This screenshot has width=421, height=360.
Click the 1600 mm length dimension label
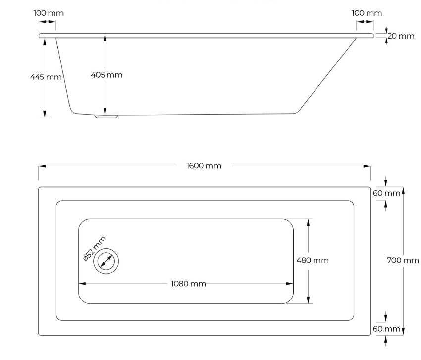204,166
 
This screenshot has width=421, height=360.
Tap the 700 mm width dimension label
403,260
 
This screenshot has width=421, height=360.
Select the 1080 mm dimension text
188,284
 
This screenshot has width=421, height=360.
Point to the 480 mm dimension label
313,260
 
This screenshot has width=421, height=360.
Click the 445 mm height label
46,77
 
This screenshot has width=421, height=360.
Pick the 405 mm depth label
106,75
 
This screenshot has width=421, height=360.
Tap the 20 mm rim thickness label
401,36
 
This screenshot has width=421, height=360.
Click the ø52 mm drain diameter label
95,248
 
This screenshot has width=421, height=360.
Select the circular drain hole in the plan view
106,261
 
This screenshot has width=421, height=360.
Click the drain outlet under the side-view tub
106,116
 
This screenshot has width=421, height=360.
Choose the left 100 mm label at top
49,13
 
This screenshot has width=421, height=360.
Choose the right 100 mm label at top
367,13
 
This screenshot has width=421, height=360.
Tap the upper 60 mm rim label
386,193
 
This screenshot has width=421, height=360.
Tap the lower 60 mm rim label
386,329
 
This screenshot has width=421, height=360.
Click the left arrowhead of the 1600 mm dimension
42,166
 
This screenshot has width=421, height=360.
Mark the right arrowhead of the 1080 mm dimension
290,283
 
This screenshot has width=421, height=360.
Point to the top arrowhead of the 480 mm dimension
308,222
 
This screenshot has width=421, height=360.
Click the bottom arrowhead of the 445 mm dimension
45,114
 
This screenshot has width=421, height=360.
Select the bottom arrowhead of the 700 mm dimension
403,332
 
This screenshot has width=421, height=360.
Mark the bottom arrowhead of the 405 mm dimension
105,111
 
